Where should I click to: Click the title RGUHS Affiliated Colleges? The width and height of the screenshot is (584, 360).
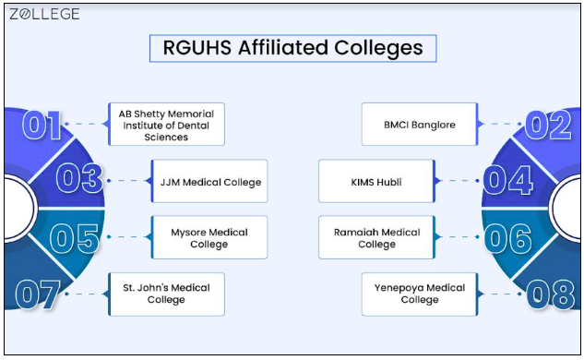[292, 48]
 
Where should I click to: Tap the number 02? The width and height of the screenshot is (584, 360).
[547, 125]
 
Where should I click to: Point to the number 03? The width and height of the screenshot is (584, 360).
[80, 179]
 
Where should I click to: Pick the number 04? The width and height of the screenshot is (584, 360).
[507, 180]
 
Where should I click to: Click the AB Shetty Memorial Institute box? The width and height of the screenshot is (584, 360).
[166, 125]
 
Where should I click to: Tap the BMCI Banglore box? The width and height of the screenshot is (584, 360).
[419, 125]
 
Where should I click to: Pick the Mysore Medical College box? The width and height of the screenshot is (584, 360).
[209, 238]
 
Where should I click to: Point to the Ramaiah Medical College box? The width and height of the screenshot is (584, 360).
[376, 238]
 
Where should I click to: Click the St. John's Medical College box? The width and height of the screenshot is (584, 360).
[166, 294]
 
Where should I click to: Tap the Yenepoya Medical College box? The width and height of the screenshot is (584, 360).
[419, 294]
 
